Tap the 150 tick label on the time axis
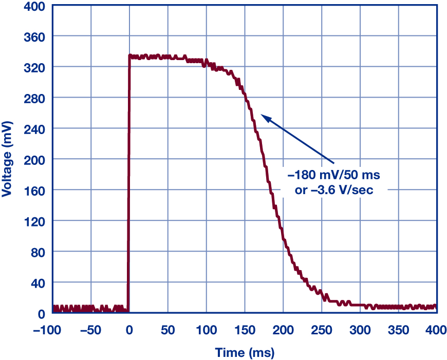[x=245, y=329]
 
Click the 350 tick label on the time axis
[x=398, y=329]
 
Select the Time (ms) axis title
[x=245, y=353]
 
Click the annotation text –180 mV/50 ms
[x=334, y=176]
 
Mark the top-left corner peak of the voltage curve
[x=129, y=55]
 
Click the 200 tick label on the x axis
[x=283, y=329]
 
